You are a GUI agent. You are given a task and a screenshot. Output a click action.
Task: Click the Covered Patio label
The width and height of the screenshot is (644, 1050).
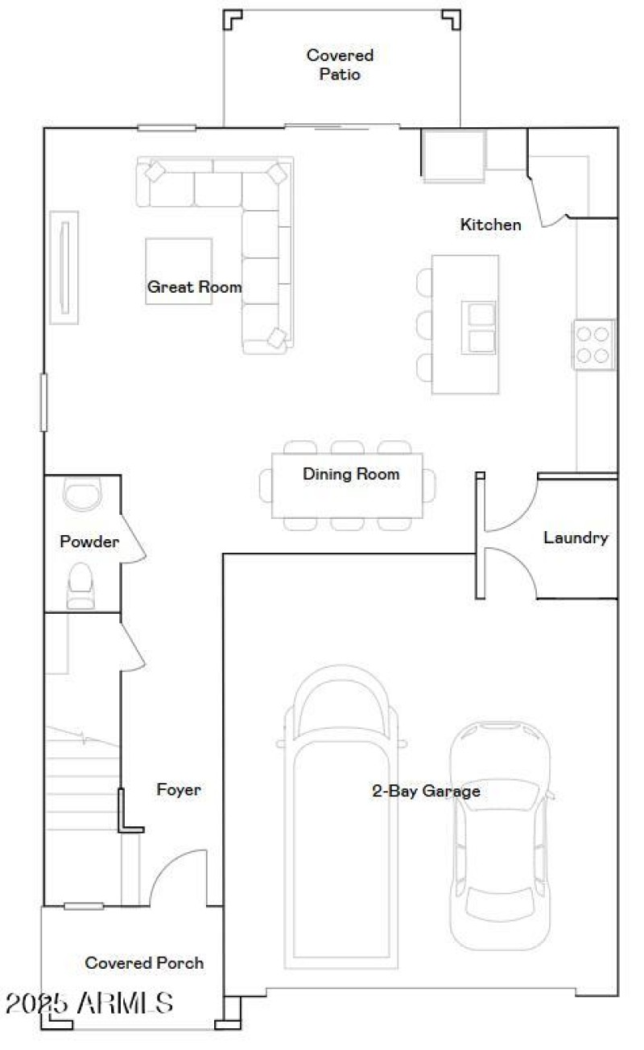(340, 64)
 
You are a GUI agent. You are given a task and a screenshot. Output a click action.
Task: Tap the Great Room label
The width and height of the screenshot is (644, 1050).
(194, 286)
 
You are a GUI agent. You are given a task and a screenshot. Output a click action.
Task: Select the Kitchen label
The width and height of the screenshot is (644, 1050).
(490, 224)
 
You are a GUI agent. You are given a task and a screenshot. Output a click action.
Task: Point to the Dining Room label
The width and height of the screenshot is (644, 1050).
(351, 474)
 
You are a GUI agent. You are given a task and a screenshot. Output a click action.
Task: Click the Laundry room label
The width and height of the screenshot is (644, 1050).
(576, 537)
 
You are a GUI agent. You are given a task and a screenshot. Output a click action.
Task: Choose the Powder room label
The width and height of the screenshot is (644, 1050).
(89, 541)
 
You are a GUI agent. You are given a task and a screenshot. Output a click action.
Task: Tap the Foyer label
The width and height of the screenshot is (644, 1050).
(179, 790)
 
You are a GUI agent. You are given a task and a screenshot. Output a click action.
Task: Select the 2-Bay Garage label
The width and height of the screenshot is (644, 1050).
(426, 791)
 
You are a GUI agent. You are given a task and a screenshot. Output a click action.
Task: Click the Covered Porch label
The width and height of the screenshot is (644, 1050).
(144, 962)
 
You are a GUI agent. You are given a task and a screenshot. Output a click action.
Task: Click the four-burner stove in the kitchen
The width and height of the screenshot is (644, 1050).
(594, 344)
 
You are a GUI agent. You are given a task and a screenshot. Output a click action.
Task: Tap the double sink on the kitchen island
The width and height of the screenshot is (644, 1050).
(478, 327)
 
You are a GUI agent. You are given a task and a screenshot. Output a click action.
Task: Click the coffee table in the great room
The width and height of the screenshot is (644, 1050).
(179, 270)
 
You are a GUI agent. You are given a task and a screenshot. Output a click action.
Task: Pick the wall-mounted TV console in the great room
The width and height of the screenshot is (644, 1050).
(64, 267)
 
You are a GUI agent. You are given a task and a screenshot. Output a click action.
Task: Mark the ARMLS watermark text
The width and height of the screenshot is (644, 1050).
(89, 1003)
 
